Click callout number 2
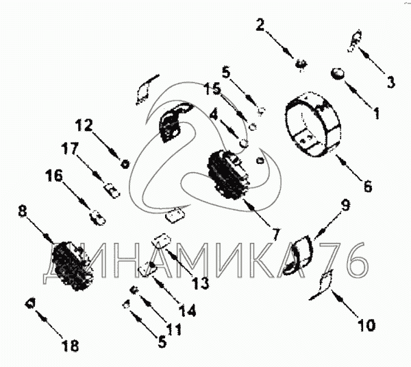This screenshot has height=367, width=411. click(260, 25)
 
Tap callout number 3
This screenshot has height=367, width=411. click(390, 82)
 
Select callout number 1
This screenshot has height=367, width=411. click(377, 113)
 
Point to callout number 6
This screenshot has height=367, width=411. click(367, 186)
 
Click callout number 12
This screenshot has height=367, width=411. click(84, 126)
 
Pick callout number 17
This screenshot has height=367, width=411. click(70, 149)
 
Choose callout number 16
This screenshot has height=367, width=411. click(55, 176)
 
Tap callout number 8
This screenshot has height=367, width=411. click(23, 211)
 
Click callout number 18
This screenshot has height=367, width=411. click(71, 345)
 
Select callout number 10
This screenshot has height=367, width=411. click(366, 325)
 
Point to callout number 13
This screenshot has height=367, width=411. click(201, 283)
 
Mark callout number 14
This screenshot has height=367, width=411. click(188, 310)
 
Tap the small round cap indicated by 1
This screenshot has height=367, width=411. click(337, 73)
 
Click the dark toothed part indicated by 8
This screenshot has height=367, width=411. click(73, 266)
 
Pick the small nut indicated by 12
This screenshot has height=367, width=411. click(125, 164)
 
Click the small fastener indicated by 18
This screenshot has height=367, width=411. click(29, 303)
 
